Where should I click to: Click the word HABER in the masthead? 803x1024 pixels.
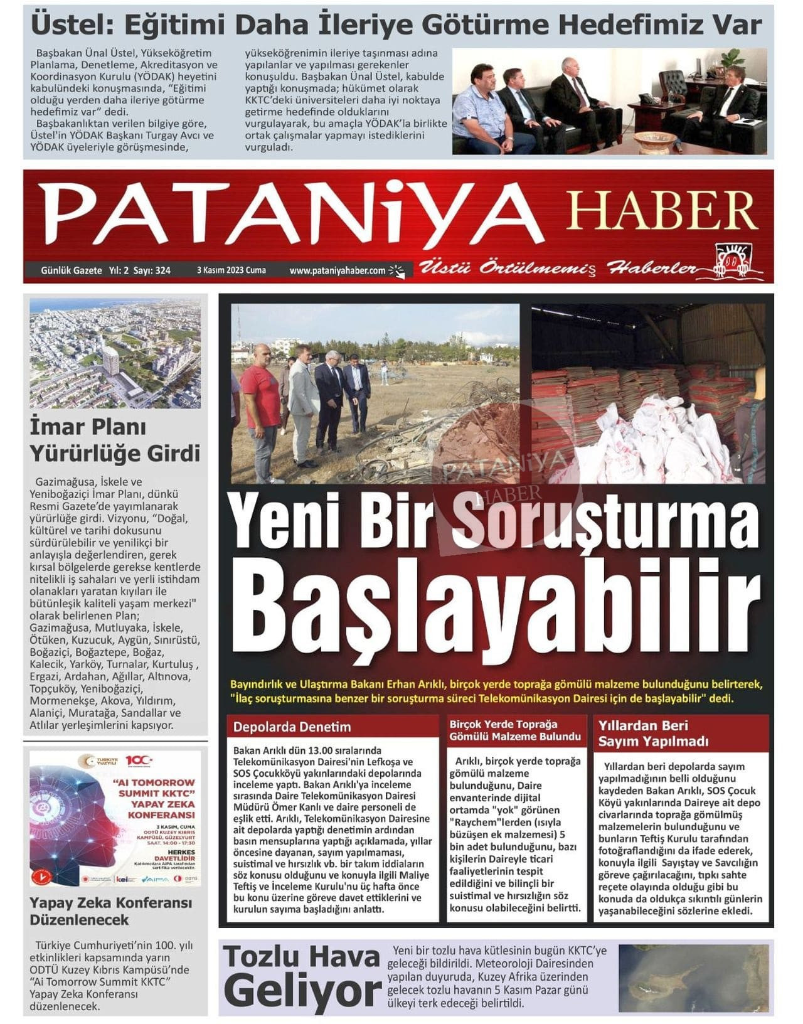pyautogui.click(x=662, y=210)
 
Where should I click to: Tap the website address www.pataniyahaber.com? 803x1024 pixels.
pyautogui.click(x=338, y=270)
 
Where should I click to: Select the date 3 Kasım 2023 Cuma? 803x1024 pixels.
pyautogui.click(x=231, y=270)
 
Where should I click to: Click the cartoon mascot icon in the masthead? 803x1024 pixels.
pyautogui.click(x=731, y=259)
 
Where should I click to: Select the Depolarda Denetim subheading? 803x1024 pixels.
pyautogui.click(x=292, y=727)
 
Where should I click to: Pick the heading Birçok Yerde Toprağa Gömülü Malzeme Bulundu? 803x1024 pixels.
pyautogui.click(x=515, y=730)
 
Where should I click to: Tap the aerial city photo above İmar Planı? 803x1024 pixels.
pyautogui.click(x=115, y=355)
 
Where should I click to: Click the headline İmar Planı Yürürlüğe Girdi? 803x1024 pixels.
pyautogui.click(x=115, y=440)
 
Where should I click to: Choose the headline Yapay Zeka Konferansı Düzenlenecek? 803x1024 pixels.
pyautogui.click(x=111, y=911)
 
